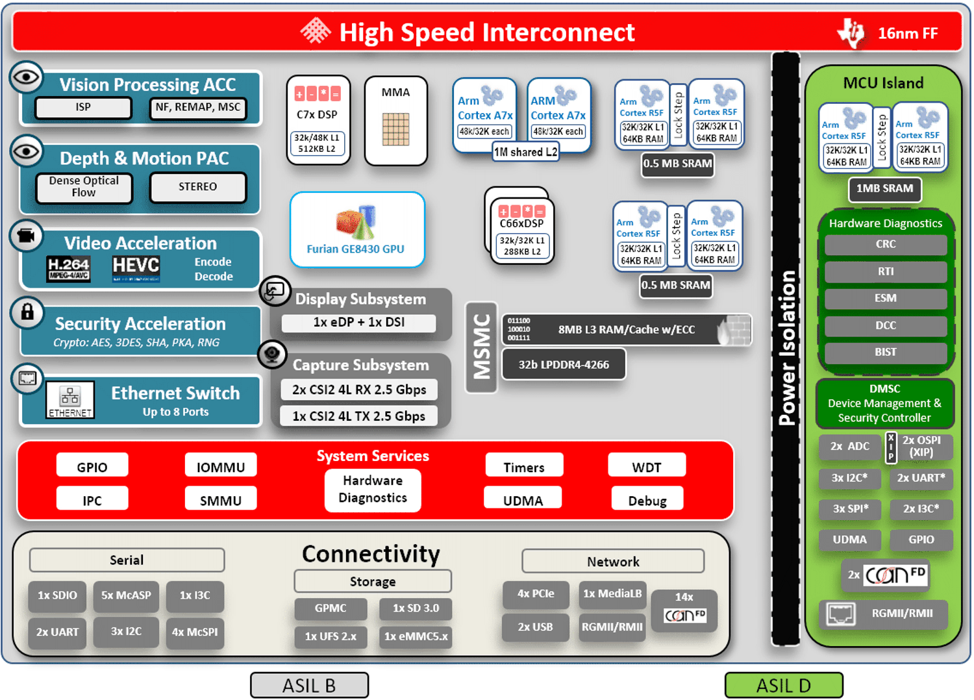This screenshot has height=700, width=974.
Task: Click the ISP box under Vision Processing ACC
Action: tap(83, 108)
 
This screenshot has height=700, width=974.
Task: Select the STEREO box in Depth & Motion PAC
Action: tap(198, 187)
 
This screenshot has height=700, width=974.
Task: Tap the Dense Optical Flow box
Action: tap(84, 187)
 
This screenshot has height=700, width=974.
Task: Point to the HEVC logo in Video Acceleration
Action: tap(136, 268)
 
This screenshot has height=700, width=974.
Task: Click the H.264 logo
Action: tap(68, 268)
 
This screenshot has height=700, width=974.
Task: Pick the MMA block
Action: tap(395, 121)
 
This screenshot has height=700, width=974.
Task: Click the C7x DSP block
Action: tap(318, 121)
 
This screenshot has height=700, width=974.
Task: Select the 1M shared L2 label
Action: tap(525, 152)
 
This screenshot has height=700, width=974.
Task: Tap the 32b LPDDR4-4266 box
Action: tap(564, 364)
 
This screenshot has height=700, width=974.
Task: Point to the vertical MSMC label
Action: tap(481, 347)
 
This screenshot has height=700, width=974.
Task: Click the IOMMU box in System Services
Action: tap(221, 467)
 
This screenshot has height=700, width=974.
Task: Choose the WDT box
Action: tap(646, 467)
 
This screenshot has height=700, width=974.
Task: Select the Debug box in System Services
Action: tap(647, 500)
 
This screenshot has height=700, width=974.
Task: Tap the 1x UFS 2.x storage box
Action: tap(331, 636)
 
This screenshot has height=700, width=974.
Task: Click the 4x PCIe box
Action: tap(536, 594)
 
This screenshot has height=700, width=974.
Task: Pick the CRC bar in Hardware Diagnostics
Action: tap(885, 245)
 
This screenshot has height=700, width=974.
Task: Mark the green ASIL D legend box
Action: tap(783, 685)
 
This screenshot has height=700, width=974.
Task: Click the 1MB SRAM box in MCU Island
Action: tap(884, 189)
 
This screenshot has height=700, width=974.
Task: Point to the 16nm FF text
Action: tap(907, 34)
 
